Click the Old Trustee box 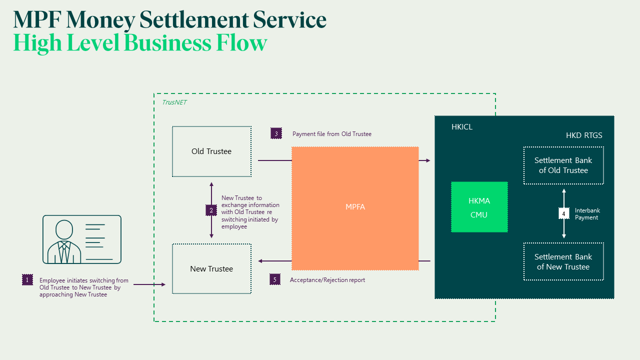tap(211, 151)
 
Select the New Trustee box tap(211, 268)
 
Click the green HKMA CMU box tap(479, 207)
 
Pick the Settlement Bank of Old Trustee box tap(563, 165)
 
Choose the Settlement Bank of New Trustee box tap(563, 262)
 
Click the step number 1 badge tap(27, 280)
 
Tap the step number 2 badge tap(211, 210)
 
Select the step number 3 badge tap(276, 133)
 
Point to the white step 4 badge tap(563, 214)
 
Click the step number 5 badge tap(274, 279)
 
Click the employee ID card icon tap(81, 239)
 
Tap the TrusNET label tap(174, 102)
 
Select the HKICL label tap(462, 127)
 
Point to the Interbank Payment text tap(587, 214)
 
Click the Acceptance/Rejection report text tap(327, 280)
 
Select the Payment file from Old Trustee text tap(332, 134)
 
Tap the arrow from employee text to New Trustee tap(149, 284)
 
